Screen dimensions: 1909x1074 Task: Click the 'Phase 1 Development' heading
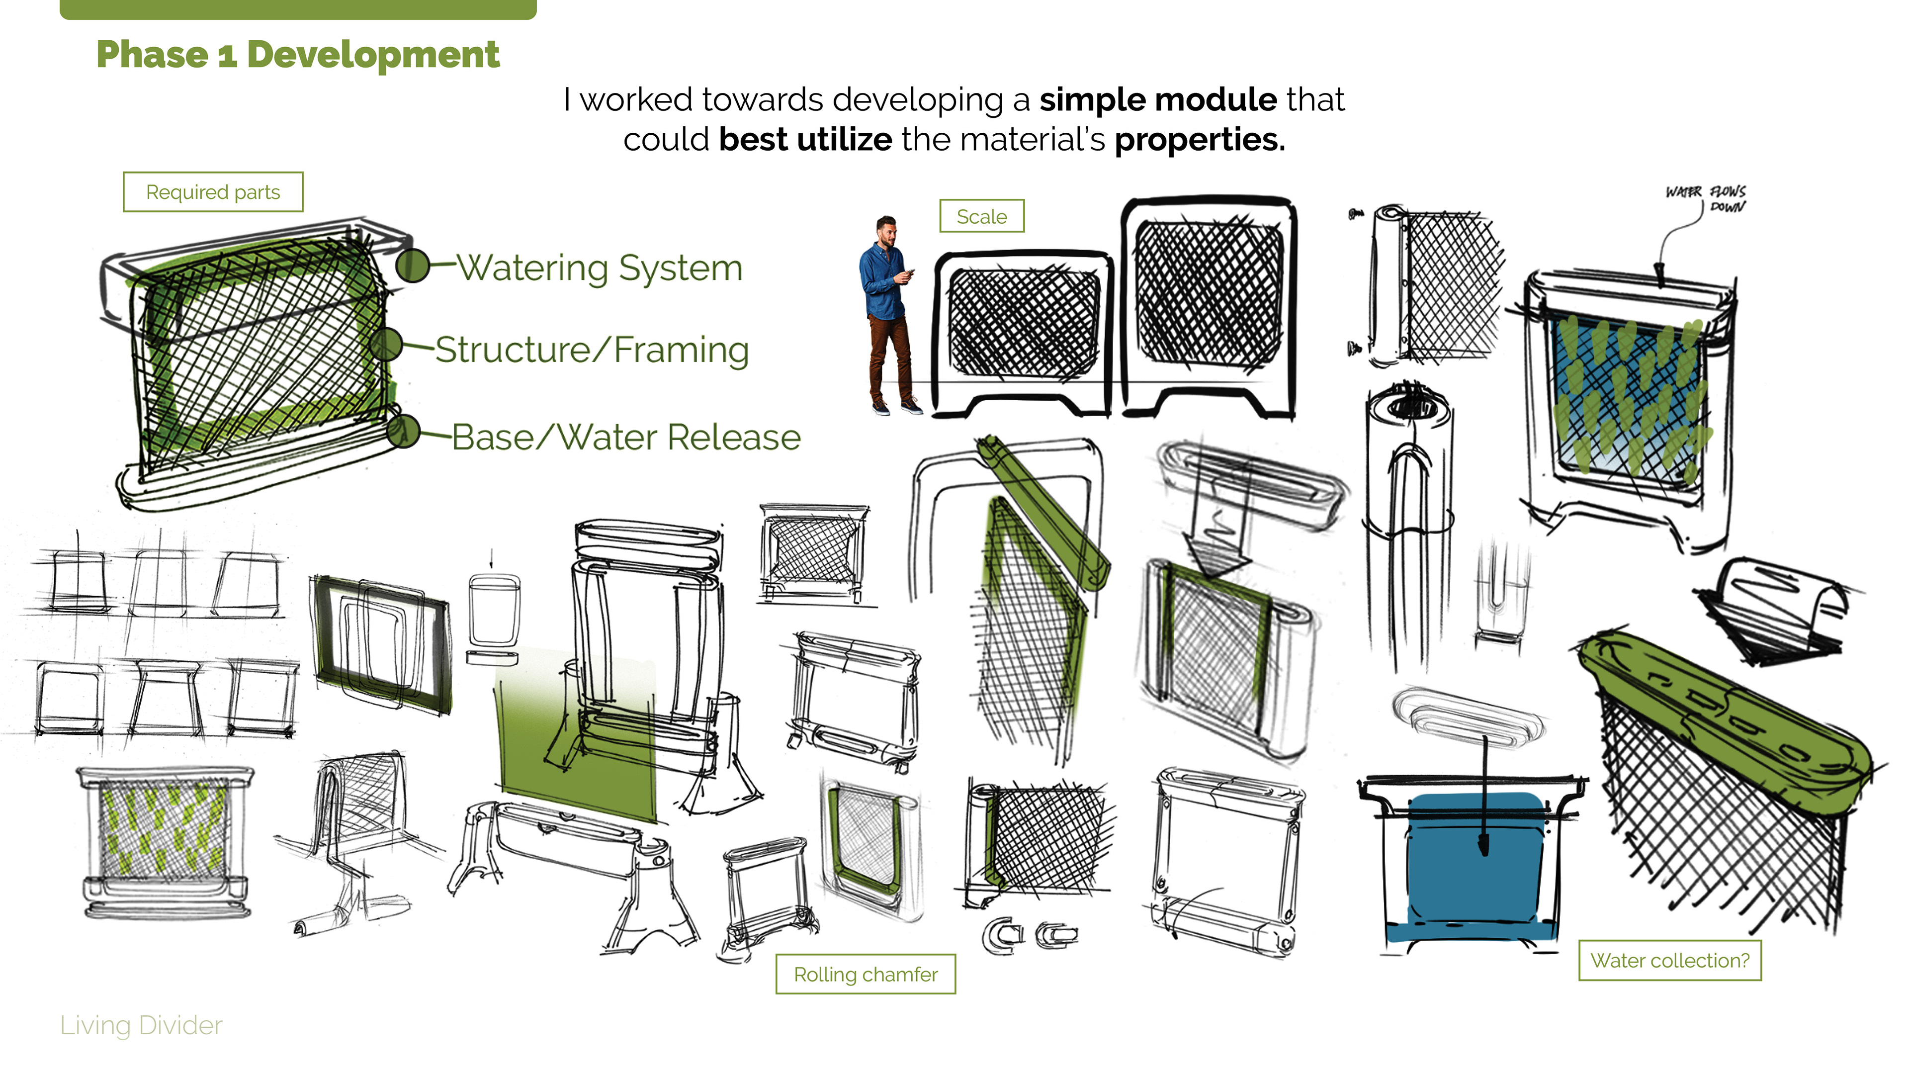coord(298,55)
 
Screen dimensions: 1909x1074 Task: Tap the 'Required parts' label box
coord(213,192)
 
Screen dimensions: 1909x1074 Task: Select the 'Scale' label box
coord(982,216)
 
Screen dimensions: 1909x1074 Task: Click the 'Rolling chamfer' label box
coord(866,974)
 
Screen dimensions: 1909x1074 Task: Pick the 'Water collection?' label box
coord(1670,961)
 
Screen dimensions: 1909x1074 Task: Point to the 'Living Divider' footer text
coord(141,1025)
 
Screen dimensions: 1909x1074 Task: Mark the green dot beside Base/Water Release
coord(404,432)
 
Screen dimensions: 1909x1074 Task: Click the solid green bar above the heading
coord(298,9)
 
